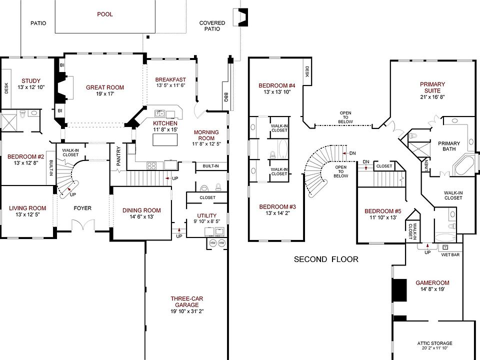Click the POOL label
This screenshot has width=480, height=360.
pyautogui.click(x=105, y=14)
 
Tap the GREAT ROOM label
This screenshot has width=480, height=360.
pyautogui.click(x=105, y=87)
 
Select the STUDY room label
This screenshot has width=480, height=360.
pyautogui.click(x=31, y=81)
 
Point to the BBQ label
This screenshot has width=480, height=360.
pyautogui.click(x=226, y=97)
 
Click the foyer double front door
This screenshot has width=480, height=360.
pyautogui.click(x=82, y=225)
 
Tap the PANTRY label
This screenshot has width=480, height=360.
pyautogui.click(x=119, y=156)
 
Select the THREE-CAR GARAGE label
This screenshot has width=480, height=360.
pyautogui.click(x=187, y=301)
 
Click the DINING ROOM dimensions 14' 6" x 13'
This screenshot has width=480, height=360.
pyautogui.click(x=141, y=216)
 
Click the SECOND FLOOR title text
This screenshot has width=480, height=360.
pyautogui.click(x=326, y=259)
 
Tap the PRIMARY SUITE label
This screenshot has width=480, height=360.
pyautogui.click(x=432, y=87)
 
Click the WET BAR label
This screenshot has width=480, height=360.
pyautogui.click(x=450, y=254)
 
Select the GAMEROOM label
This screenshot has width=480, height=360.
pyautogui.click(x=432, y=283)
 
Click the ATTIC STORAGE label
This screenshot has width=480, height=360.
pyautogui.click(x=434, y=343)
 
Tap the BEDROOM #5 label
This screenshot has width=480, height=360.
pyautogui.click(x=383, y=211)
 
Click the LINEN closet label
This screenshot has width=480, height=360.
pyautogui.click(x=426, y=165)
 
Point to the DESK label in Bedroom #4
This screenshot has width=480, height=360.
pyautogui.click(x=307, y=72)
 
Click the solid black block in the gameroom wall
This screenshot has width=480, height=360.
pyautogui.click(x=399, y=289)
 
